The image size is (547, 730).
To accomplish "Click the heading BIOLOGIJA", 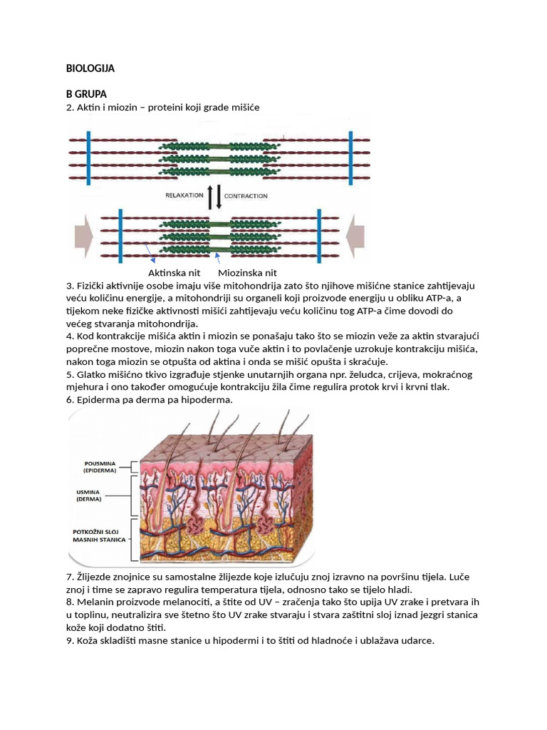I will click(x=90, y=68).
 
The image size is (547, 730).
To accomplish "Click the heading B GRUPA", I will click(x=86, y=94).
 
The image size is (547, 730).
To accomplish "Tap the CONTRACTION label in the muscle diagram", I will click(x=246, y=195).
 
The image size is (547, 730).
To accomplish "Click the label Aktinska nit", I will click(x=174, y=273).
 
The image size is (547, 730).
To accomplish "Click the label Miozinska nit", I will click(x=247, y=273).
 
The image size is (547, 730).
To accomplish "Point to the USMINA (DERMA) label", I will click(x=89, y=495).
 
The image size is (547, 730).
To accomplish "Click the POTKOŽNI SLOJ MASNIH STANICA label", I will click(x=100, y=536).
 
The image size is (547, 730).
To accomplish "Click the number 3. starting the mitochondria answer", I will click(x=70, y=286).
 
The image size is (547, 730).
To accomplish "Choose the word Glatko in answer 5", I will click(x=92, y=374).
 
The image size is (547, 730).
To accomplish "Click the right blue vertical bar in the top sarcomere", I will click(x=349, y=148).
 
